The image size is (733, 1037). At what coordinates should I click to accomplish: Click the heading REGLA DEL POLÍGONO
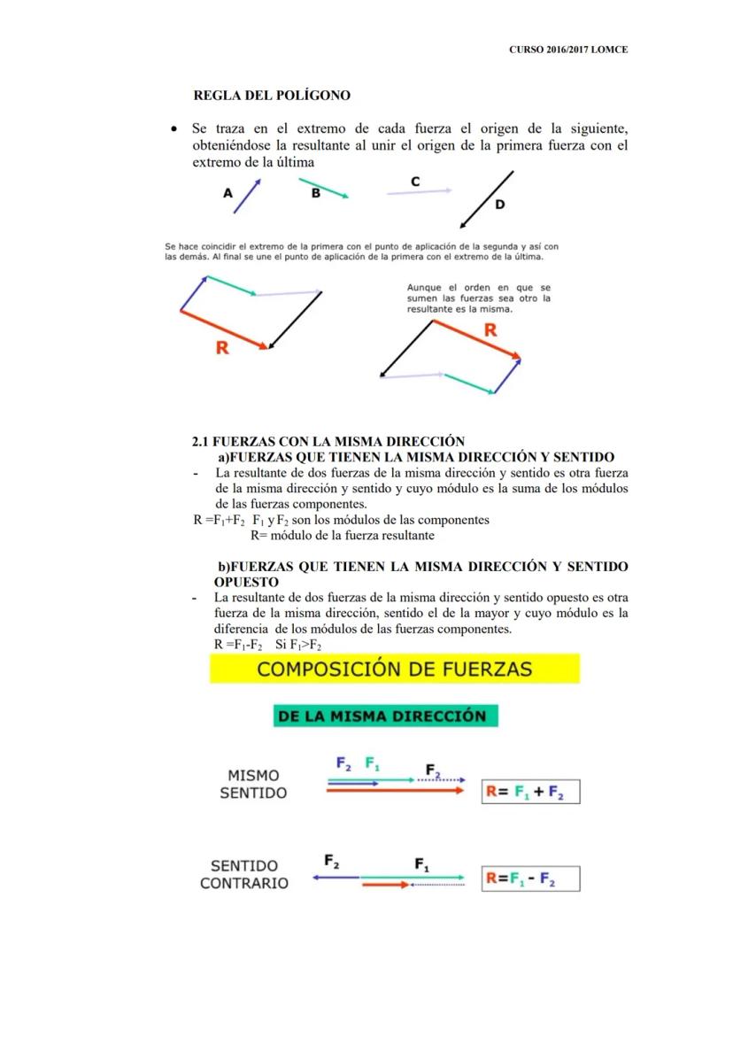[272, 95]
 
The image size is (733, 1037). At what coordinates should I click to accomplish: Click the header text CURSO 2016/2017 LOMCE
[568, 50]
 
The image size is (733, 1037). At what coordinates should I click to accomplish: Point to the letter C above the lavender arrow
[415, 181]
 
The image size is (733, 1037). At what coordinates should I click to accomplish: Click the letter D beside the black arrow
[499, 205]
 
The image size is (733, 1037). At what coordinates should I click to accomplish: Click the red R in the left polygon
[222, 348]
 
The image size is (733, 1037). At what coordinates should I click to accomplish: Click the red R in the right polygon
[490, 330]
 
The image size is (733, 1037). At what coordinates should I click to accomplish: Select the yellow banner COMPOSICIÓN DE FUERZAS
[394, 669]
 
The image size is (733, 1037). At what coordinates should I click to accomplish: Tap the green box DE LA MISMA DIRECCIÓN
[386, 716]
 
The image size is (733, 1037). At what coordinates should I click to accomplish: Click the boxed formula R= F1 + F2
[529, 792]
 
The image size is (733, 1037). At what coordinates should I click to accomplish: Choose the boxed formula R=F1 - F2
[529, 879]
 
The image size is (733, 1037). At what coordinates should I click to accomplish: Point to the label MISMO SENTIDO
[253, 784]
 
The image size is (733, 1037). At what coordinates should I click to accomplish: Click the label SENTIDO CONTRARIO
[244, 874]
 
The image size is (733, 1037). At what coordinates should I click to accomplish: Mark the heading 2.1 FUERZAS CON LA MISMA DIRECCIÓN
[328, 442]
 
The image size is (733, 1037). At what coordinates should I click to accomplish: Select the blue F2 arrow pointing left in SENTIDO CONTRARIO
[336, 878]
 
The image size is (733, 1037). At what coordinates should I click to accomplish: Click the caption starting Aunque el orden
[478, 298]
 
